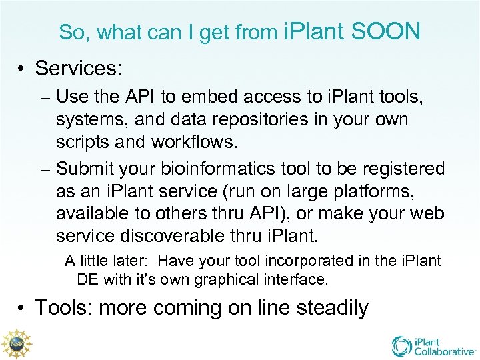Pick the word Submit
coord(86,169)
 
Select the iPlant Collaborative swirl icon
coord(401,346)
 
